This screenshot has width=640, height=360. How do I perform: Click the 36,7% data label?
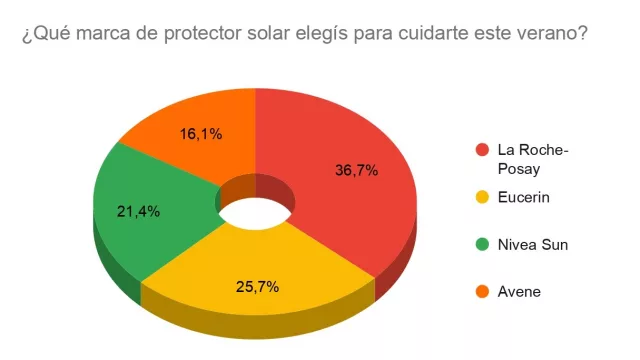[356, 171]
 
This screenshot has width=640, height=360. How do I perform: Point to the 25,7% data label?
[257, 287]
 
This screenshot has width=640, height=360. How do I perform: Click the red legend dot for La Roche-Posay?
[482, 150]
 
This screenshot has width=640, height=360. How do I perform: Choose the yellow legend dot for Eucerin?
[482, 197]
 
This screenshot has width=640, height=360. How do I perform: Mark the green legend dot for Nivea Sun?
[482, 244]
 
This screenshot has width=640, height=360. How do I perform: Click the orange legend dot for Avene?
[482, 292]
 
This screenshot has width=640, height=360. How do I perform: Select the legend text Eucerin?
[523, 197]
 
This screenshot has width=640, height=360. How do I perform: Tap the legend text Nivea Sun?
[533, 244]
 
